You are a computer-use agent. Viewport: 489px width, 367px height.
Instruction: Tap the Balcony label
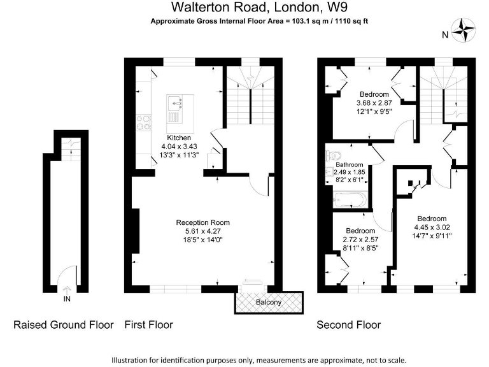click(x=268, y=302)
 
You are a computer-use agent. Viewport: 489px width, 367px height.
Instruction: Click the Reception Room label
click(x=202, y=222)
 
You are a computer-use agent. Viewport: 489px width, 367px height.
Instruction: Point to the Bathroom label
click(x=349, y=164)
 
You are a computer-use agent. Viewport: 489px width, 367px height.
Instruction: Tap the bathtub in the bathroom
click(x=348, y=200)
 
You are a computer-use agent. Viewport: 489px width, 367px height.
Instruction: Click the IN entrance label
click(x=67, y=298)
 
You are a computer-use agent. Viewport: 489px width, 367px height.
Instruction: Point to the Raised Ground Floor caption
click(x=64, y=325)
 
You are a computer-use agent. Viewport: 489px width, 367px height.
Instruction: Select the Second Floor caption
click(x=349, y=325)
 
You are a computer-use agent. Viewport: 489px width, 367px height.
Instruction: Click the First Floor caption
click(x=148, y=325)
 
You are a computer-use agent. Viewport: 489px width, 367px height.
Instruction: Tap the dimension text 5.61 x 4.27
click(x=202, y=231)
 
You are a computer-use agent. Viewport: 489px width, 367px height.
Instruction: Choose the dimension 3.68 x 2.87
click(x=374, y=103)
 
